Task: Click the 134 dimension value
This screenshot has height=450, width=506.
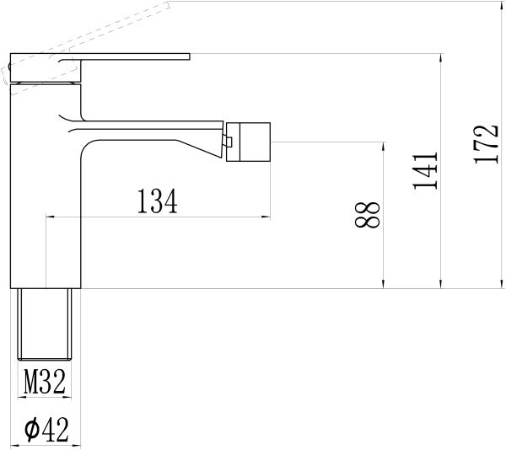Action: [x=158, y=201]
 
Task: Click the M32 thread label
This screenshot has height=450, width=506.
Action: [x=45, y=383]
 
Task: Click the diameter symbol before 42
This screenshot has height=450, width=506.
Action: [x=31, y=430]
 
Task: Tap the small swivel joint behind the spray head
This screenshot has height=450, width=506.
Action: [x=228, y=142]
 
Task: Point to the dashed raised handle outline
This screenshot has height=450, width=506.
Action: [x=84, y=34]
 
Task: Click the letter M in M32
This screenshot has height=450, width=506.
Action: [x=30, y=383]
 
